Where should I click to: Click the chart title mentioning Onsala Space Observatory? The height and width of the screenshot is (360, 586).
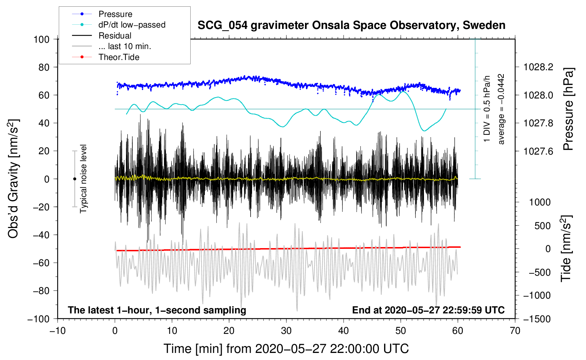click(x=351, y=25)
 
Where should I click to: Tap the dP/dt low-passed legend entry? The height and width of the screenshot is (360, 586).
click(x=132, y=25)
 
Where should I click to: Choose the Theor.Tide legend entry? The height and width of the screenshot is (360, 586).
click(x=119, y=57)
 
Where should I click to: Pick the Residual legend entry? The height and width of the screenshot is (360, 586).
click(x=115, y=36)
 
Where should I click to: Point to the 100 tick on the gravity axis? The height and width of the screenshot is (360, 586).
click(x=41, y=39)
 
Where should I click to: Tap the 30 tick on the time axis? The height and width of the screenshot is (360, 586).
click(x=286, y=331)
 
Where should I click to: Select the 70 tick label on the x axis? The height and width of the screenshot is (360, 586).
click(x=515, y=331)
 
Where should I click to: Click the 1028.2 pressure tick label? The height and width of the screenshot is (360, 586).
click(x=538, y=67)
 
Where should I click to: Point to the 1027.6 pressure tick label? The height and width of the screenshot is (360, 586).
click(x=538, y=151)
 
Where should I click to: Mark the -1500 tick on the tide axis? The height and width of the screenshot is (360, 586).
click(x=537, y=319)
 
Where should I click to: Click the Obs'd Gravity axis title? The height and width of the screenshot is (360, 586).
click(x=13, y=179)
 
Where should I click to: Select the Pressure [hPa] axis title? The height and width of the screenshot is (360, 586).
click(x=568, y=109)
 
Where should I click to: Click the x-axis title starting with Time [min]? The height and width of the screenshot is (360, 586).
click(x=286, y=349)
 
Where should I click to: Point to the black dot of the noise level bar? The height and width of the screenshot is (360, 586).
click(x=74, y=179)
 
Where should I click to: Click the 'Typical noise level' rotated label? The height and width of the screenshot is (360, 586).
click(x=83, y=179)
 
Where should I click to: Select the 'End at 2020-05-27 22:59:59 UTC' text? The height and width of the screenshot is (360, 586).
click(x=428, y=310)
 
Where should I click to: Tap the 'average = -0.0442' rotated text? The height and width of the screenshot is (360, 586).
click(x=501, y=109)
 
